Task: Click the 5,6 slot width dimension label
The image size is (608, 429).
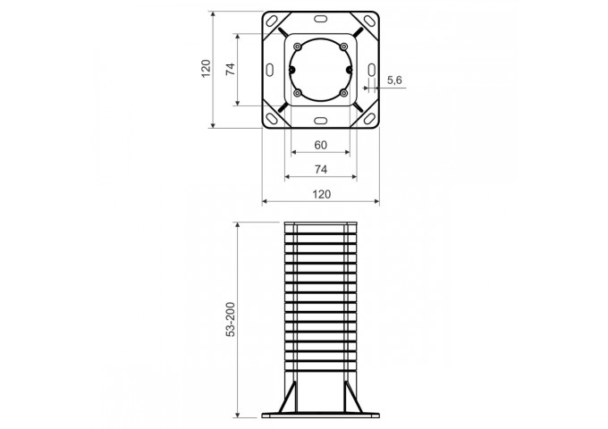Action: (394, 80)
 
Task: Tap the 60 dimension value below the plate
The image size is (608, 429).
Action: (321, 145)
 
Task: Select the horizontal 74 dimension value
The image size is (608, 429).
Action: (321, 169)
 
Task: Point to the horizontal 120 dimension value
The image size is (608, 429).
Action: (322, 194)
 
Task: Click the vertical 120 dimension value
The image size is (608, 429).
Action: (206, 68)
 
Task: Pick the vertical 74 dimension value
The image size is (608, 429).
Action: (231, 69)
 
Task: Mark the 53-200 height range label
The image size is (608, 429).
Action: (231, 319)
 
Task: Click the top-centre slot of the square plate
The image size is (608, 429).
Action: (321, 19)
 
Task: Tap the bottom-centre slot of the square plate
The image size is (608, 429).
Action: (321, 121)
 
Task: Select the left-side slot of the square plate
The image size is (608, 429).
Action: (270, 70)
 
